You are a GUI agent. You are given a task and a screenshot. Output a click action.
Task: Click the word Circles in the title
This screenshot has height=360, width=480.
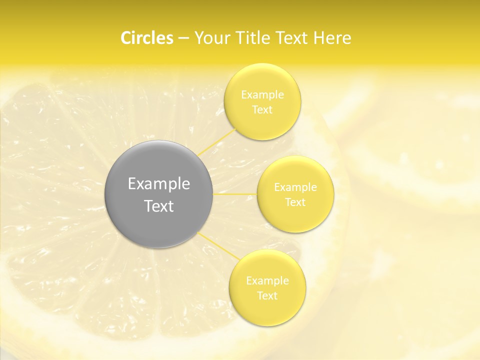[x=146, y=38]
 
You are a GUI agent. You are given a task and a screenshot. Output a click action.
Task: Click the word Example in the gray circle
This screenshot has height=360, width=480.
[x=158, y=184]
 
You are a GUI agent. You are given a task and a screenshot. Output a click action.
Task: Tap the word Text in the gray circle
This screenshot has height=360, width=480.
[x=158, y=206]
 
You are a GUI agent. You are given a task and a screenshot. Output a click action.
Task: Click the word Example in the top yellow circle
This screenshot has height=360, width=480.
[x=262, y=95]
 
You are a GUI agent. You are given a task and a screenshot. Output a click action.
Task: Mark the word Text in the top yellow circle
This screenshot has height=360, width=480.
[x=262, y=110]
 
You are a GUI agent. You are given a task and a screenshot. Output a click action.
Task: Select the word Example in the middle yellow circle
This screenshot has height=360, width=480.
[x=295, y=187]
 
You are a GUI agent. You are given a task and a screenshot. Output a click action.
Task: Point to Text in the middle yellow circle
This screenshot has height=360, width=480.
[x=295, y=202]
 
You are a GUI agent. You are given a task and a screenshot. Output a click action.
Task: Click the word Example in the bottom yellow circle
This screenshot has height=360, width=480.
[x=267, y=281]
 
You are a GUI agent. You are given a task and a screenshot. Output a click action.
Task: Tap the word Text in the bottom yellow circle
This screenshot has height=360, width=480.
[x=267, y=296]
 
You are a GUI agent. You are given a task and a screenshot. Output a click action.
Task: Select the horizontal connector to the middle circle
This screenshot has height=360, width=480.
[x=235, y=194]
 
